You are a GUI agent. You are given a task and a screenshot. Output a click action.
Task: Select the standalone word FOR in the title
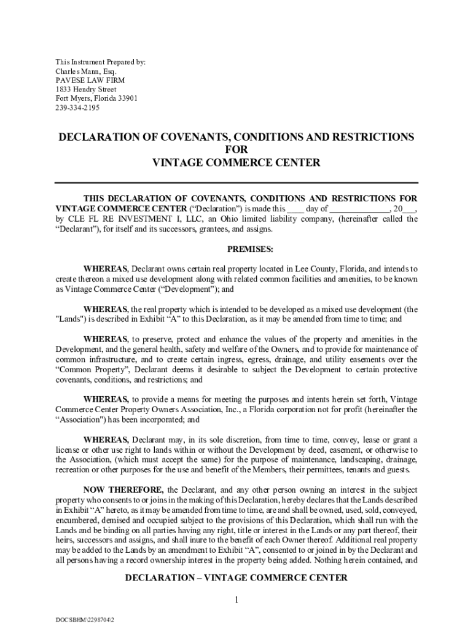coord(237,150)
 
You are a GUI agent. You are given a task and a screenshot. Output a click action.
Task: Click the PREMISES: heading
coord(237,249)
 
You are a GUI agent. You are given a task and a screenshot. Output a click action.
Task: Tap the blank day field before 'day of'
coord(295,209)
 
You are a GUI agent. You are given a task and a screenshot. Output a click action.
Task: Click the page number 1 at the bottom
coord(236,600)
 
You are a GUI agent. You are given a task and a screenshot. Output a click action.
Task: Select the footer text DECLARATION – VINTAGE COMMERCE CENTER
coord(237,578)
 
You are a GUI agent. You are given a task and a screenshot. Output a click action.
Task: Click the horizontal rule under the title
coord(237,182)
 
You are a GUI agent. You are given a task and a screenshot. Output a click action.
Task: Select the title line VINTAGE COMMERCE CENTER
coord(237,163)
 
